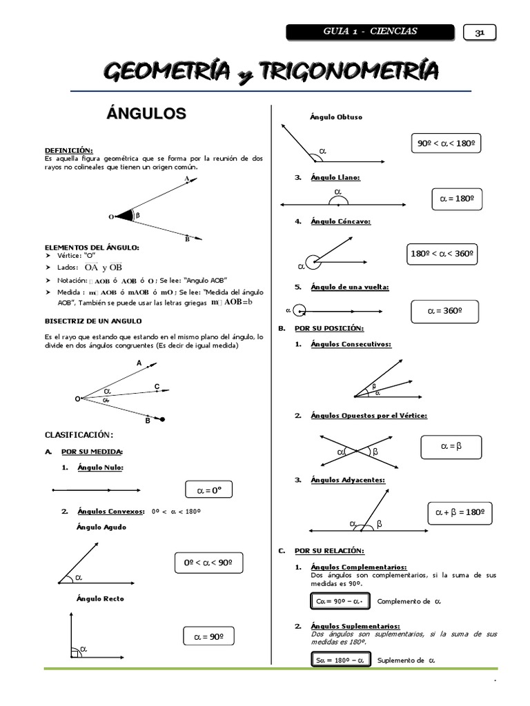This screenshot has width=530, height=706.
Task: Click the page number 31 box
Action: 478,32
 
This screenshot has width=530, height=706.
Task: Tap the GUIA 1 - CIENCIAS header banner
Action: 370,32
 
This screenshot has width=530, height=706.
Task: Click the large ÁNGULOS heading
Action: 146,114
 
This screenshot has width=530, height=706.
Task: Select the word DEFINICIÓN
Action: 68,150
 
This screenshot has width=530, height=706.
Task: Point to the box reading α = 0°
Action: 209,490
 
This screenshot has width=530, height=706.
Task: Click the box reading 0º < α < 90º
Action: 208,563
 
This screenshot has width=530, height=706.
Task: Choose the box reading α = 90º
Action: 209,635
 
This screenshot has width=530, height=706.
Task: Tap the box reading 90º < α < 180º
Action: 445,144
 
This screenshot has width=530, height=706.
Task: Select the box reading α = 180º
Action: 456,199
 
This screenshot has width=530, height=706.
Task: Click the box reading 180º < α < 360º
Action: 443,254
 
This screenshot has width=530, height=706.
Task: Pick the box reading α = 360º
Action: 444,311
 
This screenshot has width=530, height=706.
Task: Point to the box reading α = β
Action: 451,447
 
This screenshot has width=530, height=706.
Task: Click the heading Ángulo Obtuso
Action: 336,117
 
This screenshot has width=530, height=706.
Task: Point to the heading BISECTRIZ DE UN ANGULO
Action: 93,321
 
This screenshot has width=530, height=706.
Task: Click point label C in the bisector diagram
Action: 157,387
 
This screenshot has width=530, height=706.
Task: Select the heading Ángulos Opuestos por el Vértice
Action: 369,416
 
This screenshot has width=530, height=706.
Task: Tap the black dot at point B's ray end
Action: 163,418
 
